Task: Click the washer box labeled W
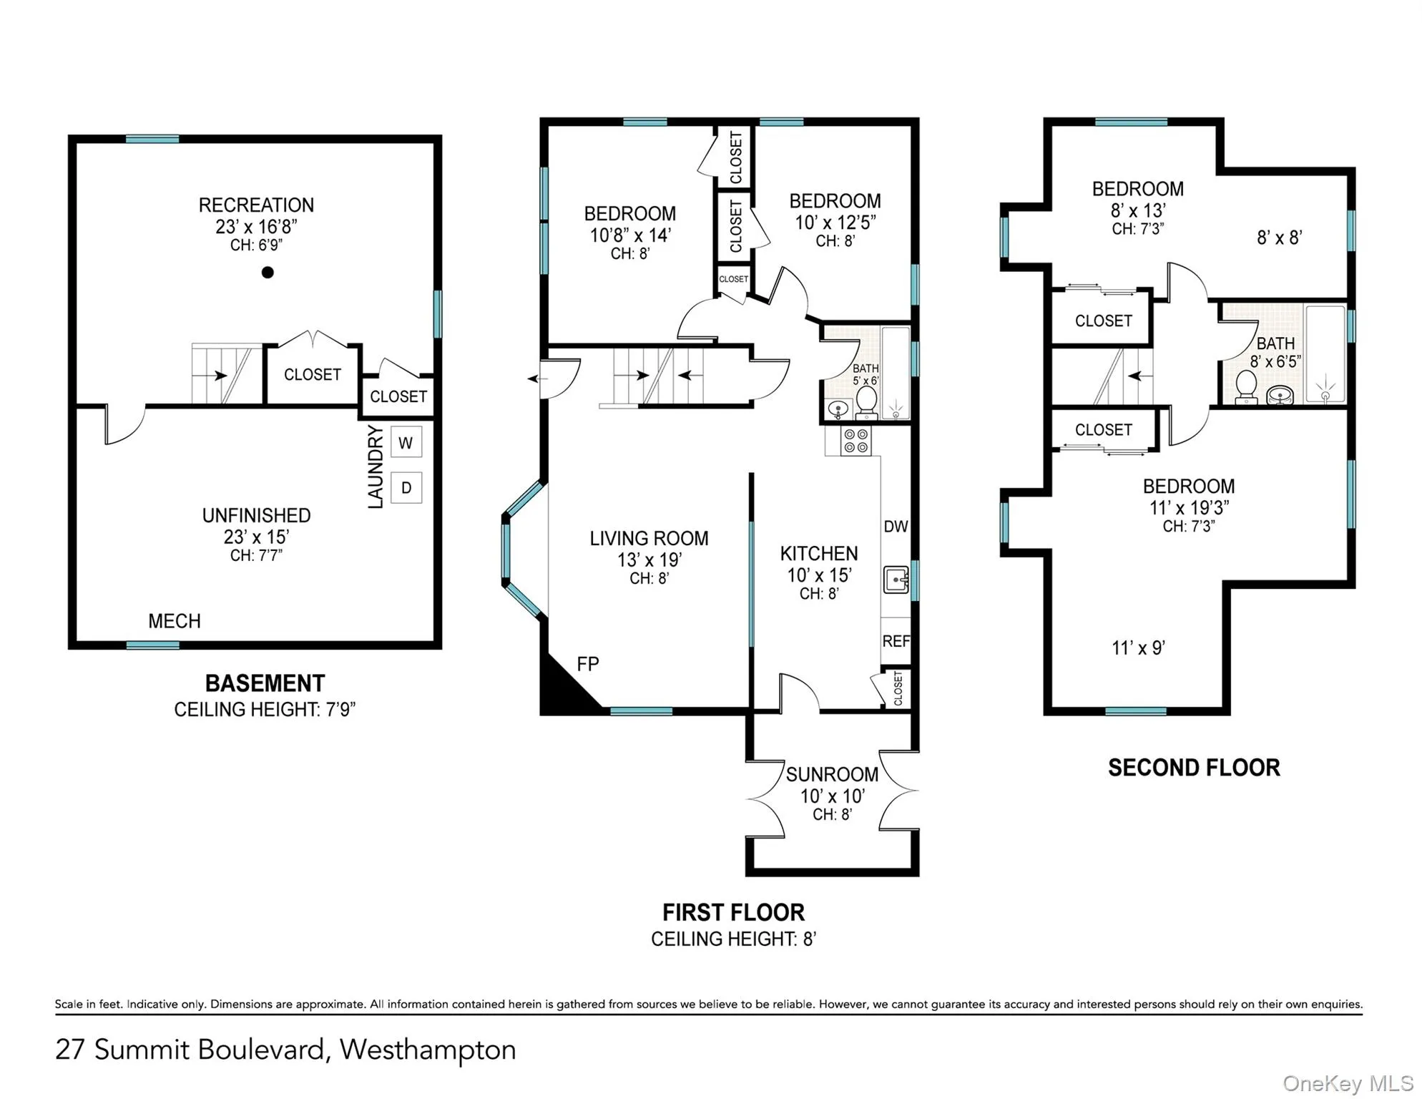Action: tap(406, 443)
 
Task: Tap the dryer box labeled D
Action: tap(406, 488)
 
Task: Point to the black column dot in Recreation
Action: tap(268, 272)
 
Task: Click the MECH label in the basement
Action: tap(174, 621)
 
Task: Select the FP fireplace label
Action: tap(587, 664)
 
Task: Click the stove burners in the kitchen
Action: tap(855, 441)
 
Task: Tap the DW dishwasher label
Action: tap(896, 527)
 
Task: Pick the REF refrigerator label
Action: tap(896, 641)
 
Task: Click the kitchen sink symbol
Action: tap(896, 579)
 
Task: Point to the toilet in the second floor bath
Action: tap(1246, 387)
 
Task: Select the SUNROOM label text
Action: tap(832, 774)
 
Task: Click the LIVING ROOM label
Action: tap(649, 538)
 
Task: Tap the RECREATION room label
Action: tap(256, 205)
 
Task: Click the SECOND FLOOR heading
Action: tap(1194, 768)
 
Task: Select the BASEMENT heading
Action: tap(265, 683)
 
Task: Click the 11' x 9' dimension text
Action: tap(1138, 648)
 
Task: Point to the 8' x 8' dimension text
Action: tap(1279, 238)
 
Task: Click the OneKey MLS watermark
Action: tap(1348, 1083)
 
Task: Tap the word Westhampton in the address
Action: tap(427, 1050)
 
